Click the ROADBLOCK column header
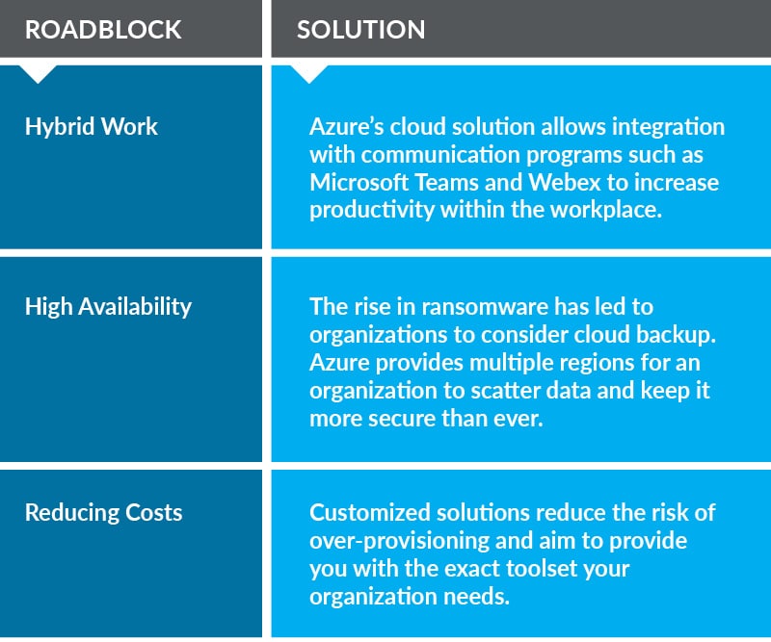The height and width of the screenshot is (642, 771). pos(103,30)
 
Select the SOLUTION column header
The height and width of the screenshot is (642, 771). pos(360,30)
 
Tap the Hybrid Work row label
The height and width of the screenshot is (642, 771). pos(92,127)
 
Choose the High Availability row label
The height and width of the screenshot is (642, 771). pos(108,307)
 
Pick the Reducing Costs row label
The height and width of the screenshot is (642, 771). pos(104,512)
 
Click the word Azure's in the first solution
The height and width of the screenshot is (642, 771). pos(347,127)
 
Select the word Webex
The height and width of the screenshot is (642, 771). pos(565,182)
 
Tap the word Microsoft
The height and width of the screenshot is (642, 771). pos(359,182)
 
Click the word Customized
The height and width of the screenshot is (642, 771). pos(370,512)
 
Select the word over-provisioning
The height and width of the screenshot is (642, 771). pos(400,541)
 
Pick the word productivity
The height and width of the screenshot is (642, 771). pos(372,210)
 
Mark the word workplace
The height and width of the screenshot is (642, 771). pos(606,210)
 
